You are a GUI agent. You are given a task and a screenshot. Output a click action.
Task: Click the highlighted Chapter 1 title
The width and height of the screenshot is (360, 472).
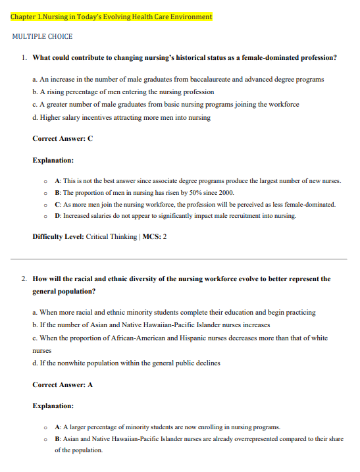111,16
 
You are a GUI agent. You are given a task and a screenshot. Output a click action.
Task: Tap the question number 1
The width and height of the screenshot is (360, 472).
24,58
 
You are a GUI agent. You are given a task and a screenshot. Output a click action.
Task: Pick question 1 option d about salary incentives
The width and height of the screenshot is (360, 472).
121,118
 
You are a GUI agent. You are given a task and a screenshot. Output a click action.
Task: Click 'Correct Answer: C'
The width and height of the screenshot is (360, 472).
63,139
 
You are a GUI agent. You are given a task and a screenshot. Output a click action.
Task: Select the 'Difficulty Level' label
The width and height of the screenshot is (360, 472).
57,237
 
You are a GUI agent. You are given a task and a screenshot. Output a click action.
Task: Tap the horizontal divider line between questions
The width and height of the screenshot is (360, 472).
180,259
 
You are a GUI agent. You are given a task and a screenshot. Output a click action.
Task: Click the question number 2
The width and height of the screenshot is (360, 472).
24,279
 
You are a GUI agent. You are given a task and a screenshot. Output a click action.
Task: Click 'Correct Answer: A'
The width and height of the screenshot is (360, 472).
63,384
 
